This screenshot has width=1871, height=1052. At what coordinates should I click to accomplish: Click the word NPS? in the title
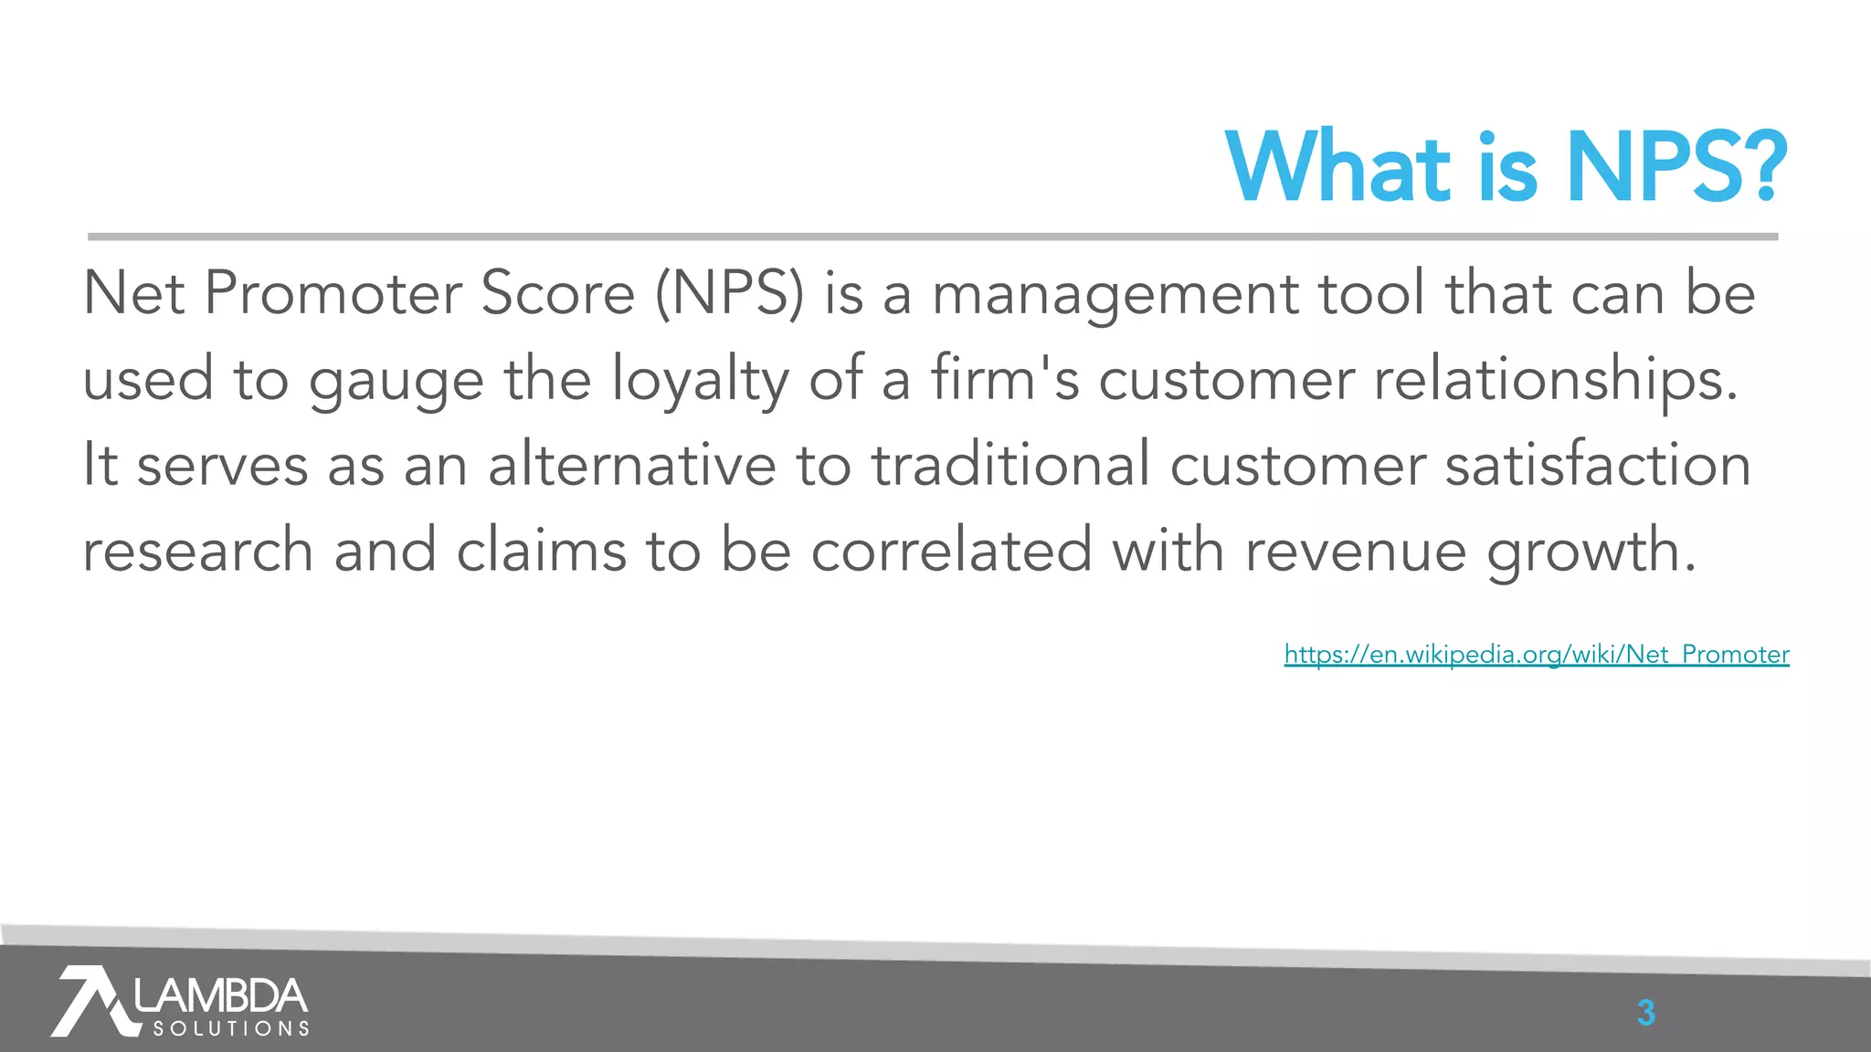pos(1676,168)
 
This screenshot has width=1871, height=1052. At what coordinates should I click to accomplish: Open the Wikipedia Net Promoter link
pos(1536,655)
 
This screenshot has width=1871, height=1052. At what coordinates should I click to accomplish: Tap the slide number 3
pos(1645,1013)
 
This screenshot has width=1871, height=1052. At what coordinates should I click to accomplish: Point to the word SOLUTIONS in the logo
pos(231,1029)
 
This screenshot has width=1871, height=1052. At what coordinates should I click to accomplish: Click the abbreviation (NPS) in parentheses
pos(730,294)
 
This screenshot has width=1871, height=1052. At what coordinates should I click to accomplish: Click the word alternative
pos(631,465)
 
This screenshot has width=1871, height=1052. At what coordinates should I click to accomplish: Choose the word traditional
pos(1010,465)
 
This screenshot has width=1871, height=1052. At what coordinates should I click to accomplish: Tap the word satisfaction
pos(1598,465)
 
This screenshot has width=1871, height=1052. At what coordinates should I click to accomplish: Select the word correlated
pos(951,551)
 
